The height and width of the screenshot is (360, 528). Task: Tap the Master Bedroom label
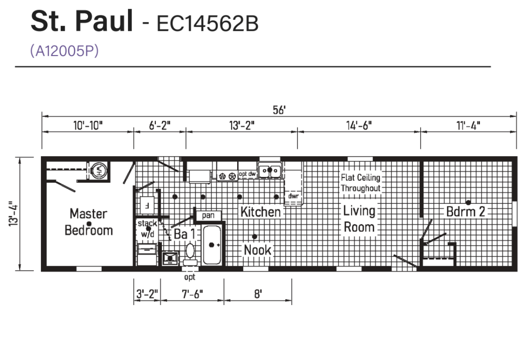coord(88,222)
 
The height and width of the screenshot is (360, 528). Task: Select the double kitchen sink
coord(270,170)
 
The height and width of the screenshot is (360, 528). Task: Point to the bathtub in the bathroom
coord(212,245)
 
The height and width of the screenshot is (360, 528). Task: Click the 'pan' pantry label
coord(208,216)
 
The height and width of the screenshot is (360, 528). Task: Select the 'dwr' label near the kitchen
coord(293,196)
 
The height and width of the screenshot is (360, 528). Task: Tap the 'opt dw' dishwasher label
coord(247,174)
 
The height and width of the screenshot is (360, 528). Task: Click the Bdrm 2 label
coord(466,212)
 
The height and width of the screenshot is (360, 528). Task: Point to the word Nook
coord(257,250)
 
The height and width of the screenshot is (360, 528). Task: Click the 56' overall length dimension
coord(279,110)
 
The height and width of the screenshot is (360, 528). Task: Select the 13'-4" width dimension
coord(14,214)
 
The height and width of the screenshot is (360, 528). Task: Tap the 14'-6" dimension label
coord(359,125)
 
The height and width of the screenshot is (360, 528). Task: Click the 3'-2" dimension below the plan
coord(147,294)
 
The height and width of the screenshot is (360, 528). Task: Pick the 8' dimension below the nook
coord(258,294)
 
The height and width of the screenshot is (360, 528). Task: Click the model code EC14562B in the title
coord(208,24)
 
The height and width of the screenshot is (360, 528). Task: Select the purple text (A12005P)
coord(64,51)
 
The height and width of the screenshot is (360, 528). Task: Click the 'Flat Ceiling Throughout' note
coord(361,183)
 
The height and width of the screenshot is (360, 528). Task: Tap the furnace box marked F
coord(147,206)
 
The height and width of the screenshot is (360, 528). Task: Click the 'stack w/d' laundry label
coord(147,229)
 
